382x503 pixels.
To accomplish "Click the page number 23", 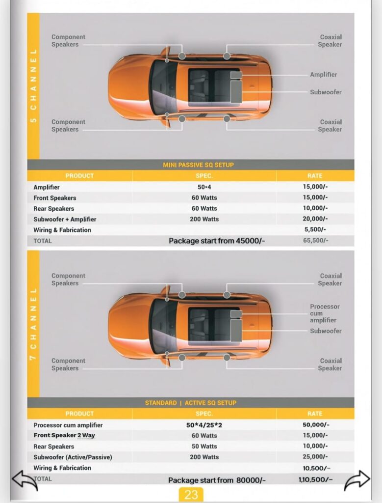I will click(191, 494).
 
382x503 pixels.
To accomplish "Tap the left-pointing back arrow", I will click(25, 480).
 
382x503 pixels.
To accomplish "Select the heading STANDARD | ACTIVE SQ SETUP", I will click(191, 403).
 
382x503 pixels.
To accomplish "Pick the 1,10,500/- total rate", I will click(315, 479).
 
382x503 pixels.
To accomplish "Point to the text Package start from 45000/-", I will click(217, 241).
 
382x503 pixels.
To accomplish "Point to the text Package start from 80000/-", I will click(217, 480).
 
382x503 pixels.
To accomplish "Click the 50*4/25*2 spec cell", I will click(204, 425).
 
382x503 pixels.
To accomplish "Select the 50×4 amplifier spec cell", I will click(204, 187).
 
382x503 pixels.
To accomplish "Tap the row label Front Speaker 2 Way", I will click(64, 436).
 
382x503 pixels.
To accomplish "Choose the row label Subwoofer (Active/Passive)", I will click(73, 457).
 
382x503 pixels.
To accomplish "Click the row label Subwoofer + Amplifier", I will click(65, 219).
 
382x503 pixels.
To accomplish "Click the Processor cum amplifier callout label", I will click(324, 313).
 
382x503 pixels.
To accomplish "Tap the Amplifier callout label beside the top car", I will click(323, 75).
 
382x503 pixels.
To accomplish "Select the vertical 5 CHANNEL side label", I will click(33, 86).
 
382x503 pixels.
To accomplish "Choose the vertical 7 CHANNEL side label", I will click(33, 325).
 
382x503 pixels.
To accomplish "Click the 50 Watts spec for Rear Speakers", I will click(204, 447).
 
